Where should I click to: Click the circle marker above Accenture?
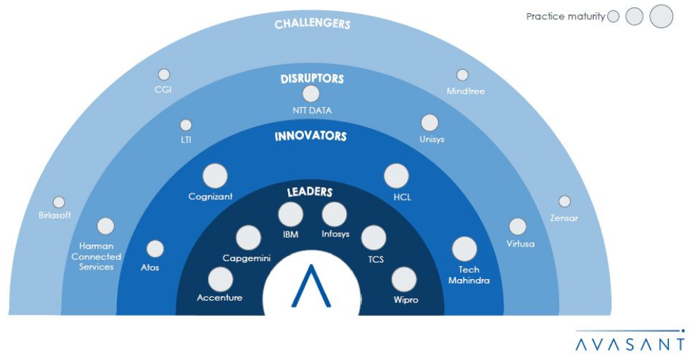220,279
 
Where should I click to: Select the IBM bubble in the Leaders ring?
290,215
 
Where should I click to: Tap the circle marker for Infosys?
334,215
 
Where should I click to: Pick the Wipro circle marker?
404,280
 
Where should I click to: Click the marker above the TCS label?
374,238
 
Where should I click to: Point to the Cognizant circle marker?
215,176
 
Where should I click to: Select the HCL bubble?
397,176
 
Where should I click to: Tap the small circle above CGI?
164,75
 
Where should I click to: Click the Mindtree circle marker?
462,75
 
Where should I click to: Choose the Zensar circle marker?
565,202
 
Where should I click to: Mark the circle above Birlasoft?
59,202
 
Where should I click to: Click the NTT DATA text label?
312,111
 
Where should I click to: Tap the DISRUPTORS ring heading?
312,79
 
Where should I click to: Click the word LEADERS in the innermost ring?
310,192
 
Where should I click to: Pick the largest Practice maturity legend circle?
661,16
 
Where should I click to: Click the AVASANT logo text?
631,343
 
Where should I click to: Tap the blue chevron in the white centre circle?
310,285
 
